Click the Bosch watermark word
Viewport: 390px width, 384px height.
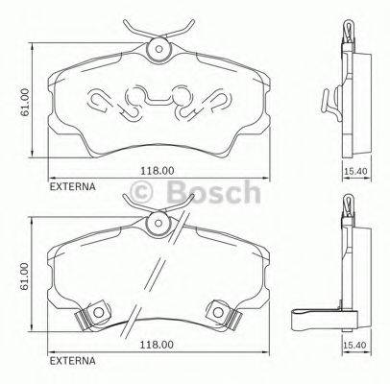point(213,192)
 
